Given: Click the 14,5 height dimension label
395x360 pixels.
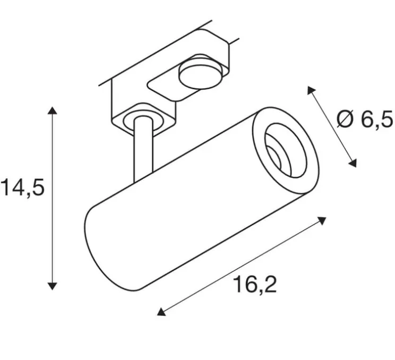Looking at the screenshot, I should coord(22,188).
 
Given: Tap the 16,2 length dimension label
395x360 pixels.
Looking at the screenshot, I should coord(255,285).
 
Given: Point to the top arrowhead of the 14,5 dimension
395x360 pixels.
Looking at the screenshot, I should coord(52,111).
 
